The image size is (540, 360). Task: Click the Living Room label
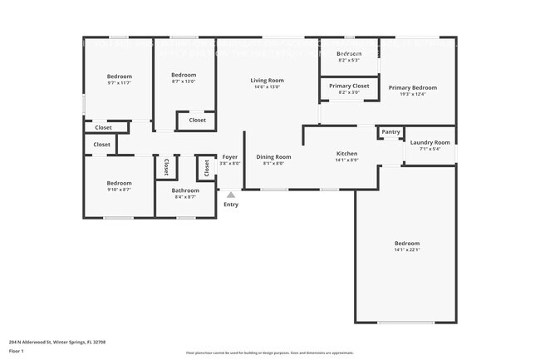pos(267,80)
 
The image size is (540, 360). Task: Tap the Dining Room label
pos(273,156)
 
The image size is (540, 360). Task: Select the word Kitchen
pos(346,154)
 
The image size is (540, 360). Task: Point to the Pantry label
pos(390,132)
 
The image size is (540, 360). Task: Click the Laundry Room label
pos(430,142)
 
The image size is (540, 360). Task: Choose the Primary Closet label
pos(349,86)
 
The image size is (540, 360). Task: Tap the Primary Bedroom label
pos(412,87)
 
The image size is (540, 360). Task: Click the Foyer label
pos(230,156)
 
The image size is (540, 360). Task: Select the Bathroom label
pos(185,190)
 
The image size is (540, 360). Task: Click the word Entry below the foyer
pos(231,205)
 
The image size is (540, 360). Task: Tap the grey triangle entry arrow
pos(231,195)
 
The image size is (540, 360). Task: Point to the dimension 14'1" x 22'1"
pos(407,250)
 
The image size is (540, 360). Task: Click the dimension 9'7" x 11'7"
pos(120,83)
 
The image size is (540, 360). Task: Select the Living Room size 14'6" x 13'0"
pos(267,87)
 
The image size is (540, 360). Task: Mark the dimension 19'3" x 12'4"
pos(412,94)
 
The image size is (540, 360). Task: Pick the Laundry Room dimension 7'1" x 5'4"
pos(430,149)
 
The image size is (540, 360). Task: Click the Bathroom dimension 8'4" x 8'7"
pos(185,197)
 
